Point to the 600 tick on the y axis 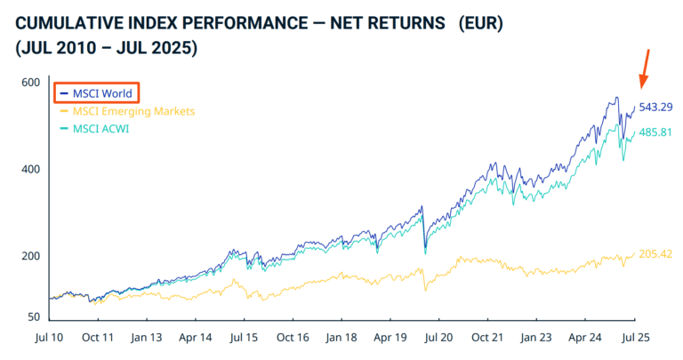pyautogui.click(x=31, y=83)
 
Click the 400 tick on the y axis pyautogui.click(x=31, y=169)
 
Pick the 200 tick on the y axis pyautogui.click(x=31, y=256)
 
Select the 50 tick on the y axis pyautogui.click(x=34, y=316)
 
